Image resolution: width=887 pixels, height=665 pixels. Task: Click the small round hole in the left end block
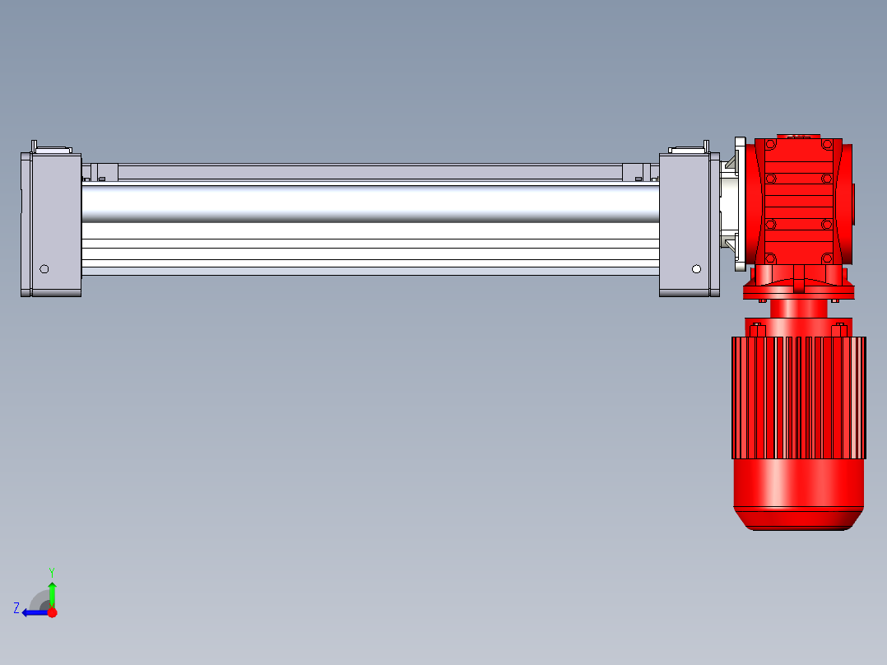point(44,269)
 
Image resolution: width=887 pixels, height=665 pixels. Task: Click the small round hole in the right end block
point(696,269)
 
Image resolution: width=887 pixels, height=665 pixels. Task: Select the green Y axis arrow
point(52,595)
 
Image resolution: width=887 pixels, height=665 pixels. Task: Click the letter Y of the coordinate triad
point(52,572)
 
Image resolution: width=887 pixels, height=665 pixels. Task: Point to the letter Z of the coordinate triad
point(16,608)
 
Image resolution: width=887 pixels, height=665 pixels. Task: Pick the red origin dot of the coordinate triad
point(52,612)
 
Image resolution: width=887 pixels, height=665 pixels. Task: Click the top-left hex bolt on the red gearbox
point(770,144)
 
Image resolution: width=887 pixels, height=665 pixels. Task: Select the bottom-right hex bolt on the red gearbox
point(826,258)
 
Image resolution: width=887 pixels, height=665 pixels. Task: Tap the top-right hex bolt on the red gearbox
point(826,144)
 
